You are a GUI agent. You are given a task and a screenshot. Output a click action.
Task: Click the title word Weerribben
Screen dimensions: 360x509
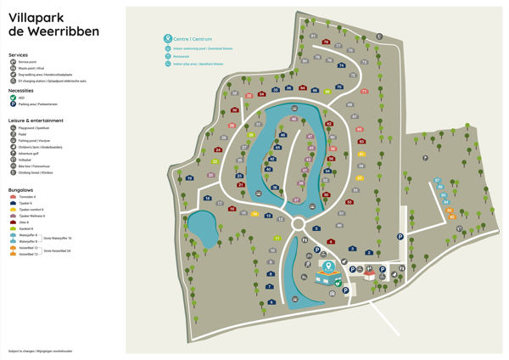[x=60, y=31]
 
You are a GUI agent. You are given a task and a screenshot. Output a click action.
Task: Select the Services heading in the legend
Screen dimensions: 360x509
[x=18, y=54]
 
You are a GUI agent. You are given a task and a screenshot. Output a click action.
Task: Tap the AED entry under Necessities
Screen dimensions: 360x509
[x=21, y=98]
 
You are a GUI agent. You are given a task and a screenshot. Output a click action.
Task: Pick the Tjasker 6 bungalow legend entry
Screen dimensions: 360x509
[x=25, y=203]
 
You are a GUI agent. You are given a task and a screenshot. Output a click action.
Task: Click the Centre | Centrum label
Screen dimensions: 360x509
[x=193, y=38]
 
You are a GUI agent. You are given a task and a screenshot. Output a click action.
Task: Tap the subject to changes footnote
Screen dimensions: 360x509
[x=40, y=351]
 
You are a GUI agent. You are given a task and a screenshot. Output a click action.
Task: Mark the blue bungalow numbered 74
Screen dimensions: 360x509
[x=341, y=65]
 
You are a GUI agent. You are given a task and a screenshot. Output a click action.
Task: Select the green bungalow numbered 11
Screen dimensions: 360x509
[x=277, y=239]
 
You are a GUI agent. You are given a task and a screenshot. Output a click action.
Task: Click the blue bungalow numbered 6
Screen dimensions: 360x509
[x=271, y=301]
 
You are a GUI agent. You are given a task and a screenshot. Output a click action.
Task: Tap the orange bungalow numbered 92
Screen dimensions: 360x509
[x=452, y=217]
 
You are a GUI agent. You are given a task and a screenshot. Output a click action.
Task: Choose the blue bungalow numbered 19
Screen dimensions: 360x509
[x=189, y=177]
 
